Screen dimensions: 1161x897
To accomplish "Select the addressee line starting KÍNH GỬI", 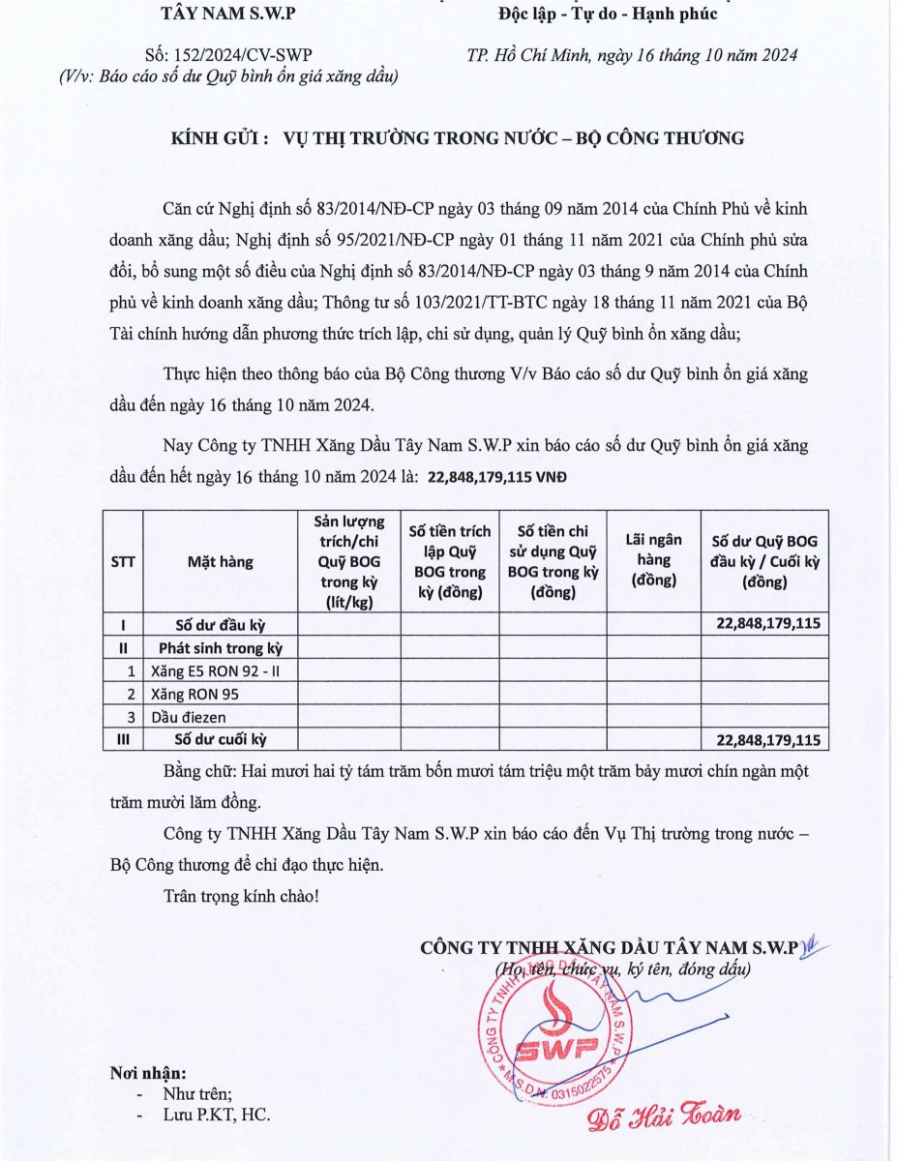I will [458, 138].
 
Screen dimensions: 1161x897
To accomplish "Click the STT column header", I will [123, 561].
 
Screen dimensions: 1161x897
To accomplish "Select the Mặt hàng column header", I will [220, 561].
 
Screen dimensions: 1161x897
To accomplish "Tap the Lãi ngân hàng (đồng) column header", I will [653, 561].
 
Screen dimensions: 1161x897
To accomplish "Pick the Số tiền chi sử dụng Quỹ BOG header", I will [553, 561].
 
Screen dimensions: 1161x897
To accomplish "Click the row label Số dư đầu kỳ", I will [220, 624].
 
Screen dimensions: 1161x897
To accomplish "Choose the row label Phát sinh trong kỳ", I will [220, 647].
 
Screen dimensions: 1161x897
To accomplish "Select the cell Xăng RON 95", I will [194, 694].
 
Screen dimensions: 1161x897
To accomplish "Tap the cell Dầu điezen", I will [189, 717].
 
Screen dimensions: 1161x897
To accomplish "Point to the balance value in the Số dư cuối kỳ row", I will [768, 740].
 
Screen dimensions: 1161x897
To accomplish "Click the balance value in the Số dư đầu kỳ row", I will [768, 624].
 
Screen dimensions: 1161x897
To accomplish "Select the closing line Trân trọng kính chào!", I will [241, 896].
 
